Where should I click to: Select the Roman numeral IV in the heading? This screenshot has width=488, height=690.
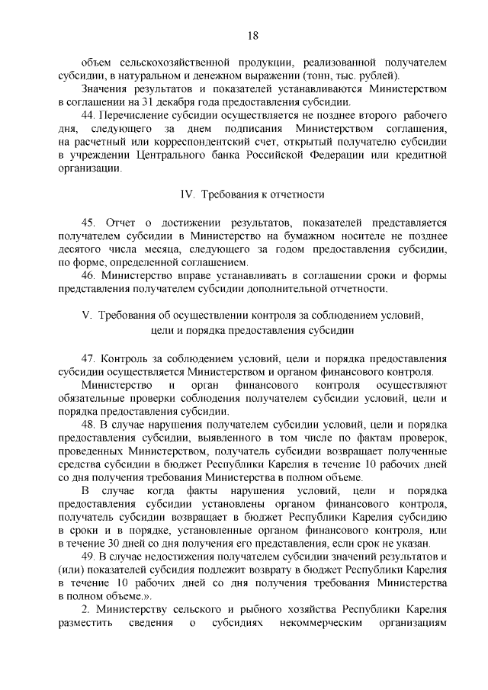coord(184,194)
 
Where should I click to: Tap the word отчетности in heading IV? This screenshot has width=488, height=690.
coord(297,194)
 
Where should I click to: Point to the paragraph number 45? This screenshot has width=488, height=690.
coord(88,223)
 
